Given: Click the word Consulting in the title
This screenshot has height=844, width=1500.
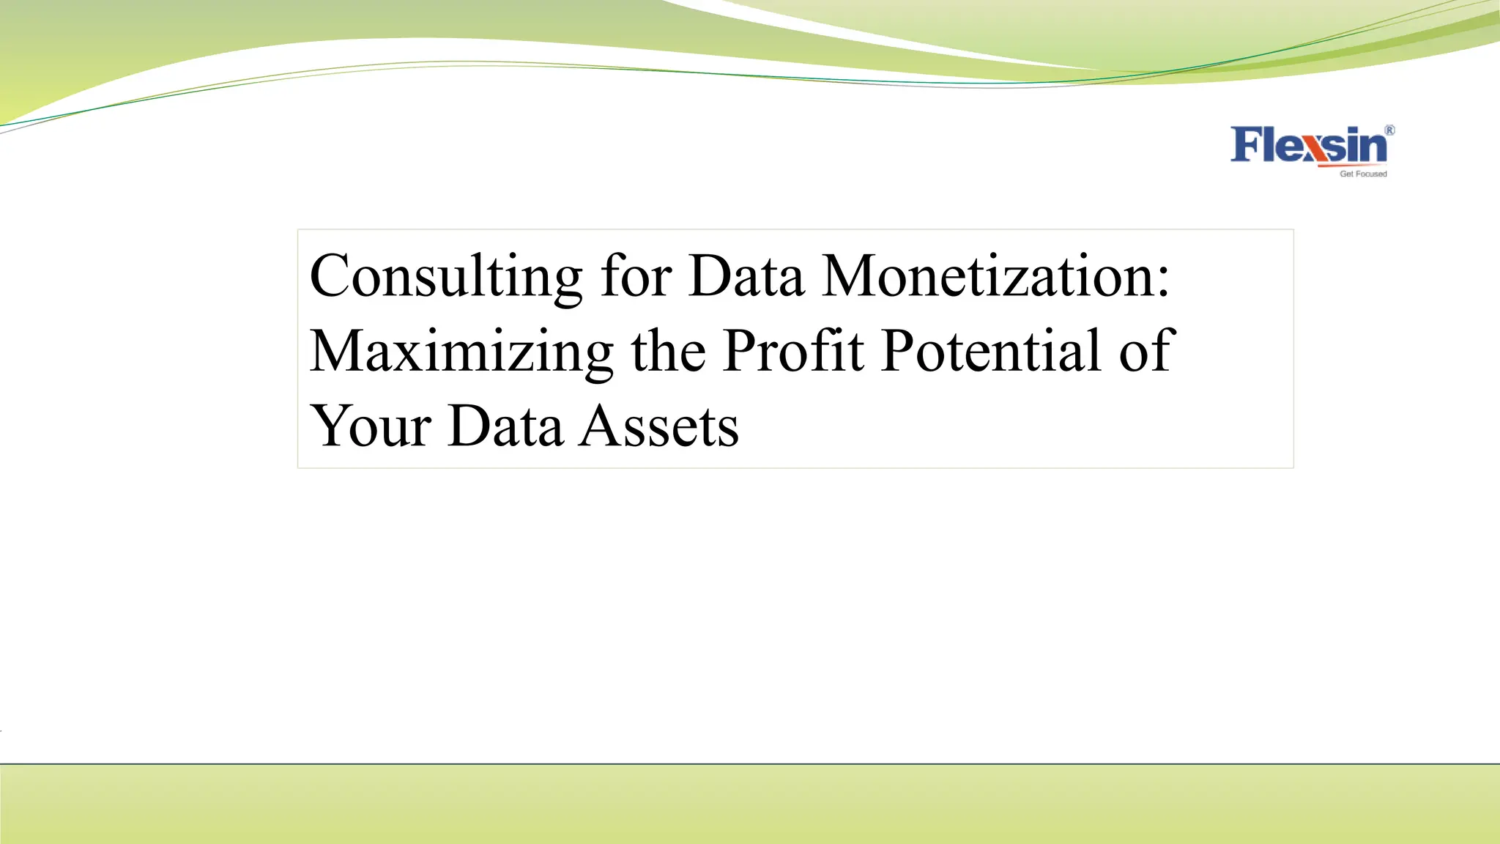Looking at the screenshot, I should pyautogui.click(x=445, y=277).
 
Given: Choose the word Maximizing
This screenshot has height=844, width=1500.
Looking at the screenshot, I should pyautogui.click(x=461, y=352).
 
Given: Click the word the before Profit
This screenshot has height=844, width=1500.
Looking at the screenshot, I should pyautogui.click(x=668, y=351).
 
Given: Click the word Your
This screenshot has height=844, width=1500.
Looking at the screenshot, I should pyautogui.click(x=370, y=426).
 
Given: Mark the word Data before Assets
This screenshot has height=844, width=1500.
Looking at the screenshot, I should pyautogui.click(x=505, y=426).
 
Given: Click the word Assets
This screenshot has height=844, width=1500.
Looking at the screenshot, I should pyautogui.click(x=659, y=426).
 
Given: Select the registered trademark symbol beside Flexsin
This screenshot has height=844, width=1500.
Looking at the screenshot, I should pyautogui.click(x=1389, y=130).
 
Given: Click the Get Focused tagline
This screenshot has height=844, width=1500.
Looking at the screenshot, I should pyautogui.click(x=1363, y=174).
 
